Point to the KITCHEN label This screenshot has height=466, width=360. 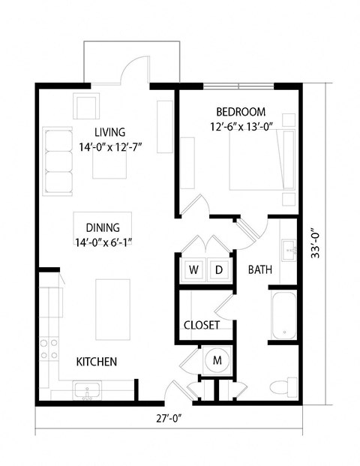pyautogui.click(x=97, y=362)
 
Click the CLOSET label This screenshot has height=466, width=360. pyautogui.click(x=202, y=325)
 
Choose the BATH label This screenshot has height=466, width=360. pyautogui.click(x=259, y=270)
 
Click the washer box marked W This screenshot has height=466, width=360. pyautogui.click(x=193, y=269)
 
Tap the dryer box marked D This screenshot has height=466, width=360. pyautogui.click(x=218, y=269)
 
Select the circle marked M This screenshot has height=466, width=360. pyautogui.click(x=217, y=361)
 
